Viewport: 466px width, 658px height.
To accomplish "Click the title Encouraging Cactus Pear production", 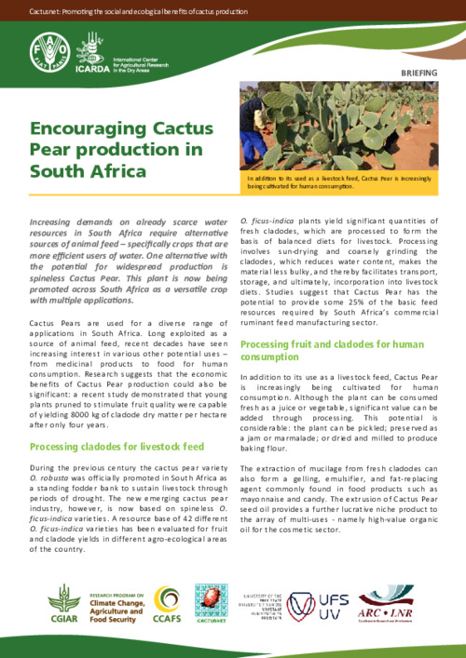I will click(116, 149).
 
